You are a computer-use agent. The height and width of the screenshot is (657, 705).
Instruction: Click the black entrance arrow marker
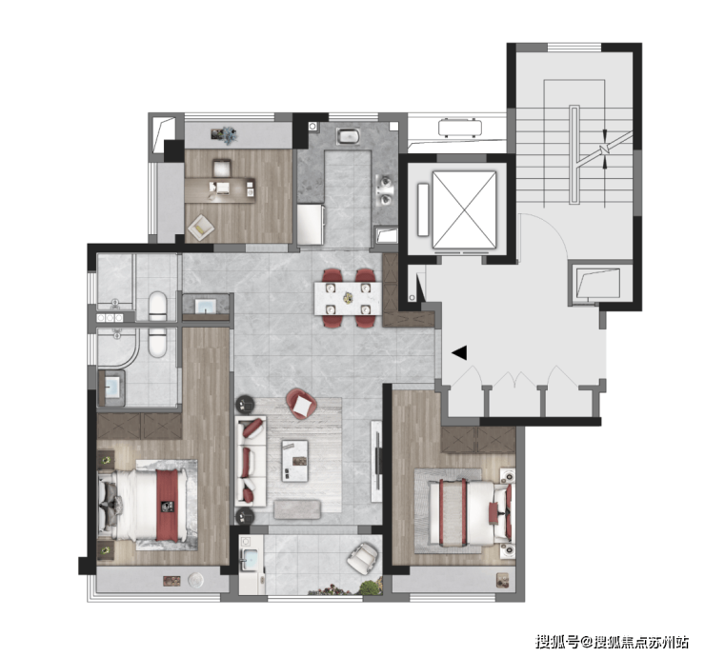[459, 353]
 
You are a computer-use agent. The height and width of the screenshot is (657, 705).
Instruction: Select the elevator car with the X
[463, 209]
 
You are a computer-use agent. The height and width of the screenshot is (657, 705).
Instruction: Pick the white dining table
[348, 298]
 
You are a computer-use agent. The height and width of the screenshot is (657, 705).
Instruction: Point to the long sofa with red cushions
[252, 461]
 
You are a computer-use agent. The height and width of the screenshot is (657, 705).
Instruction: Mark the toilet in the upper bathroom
[158, 306]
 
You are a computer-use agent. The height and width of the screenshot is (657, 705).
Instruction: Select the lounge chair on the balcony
[361, 558]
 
